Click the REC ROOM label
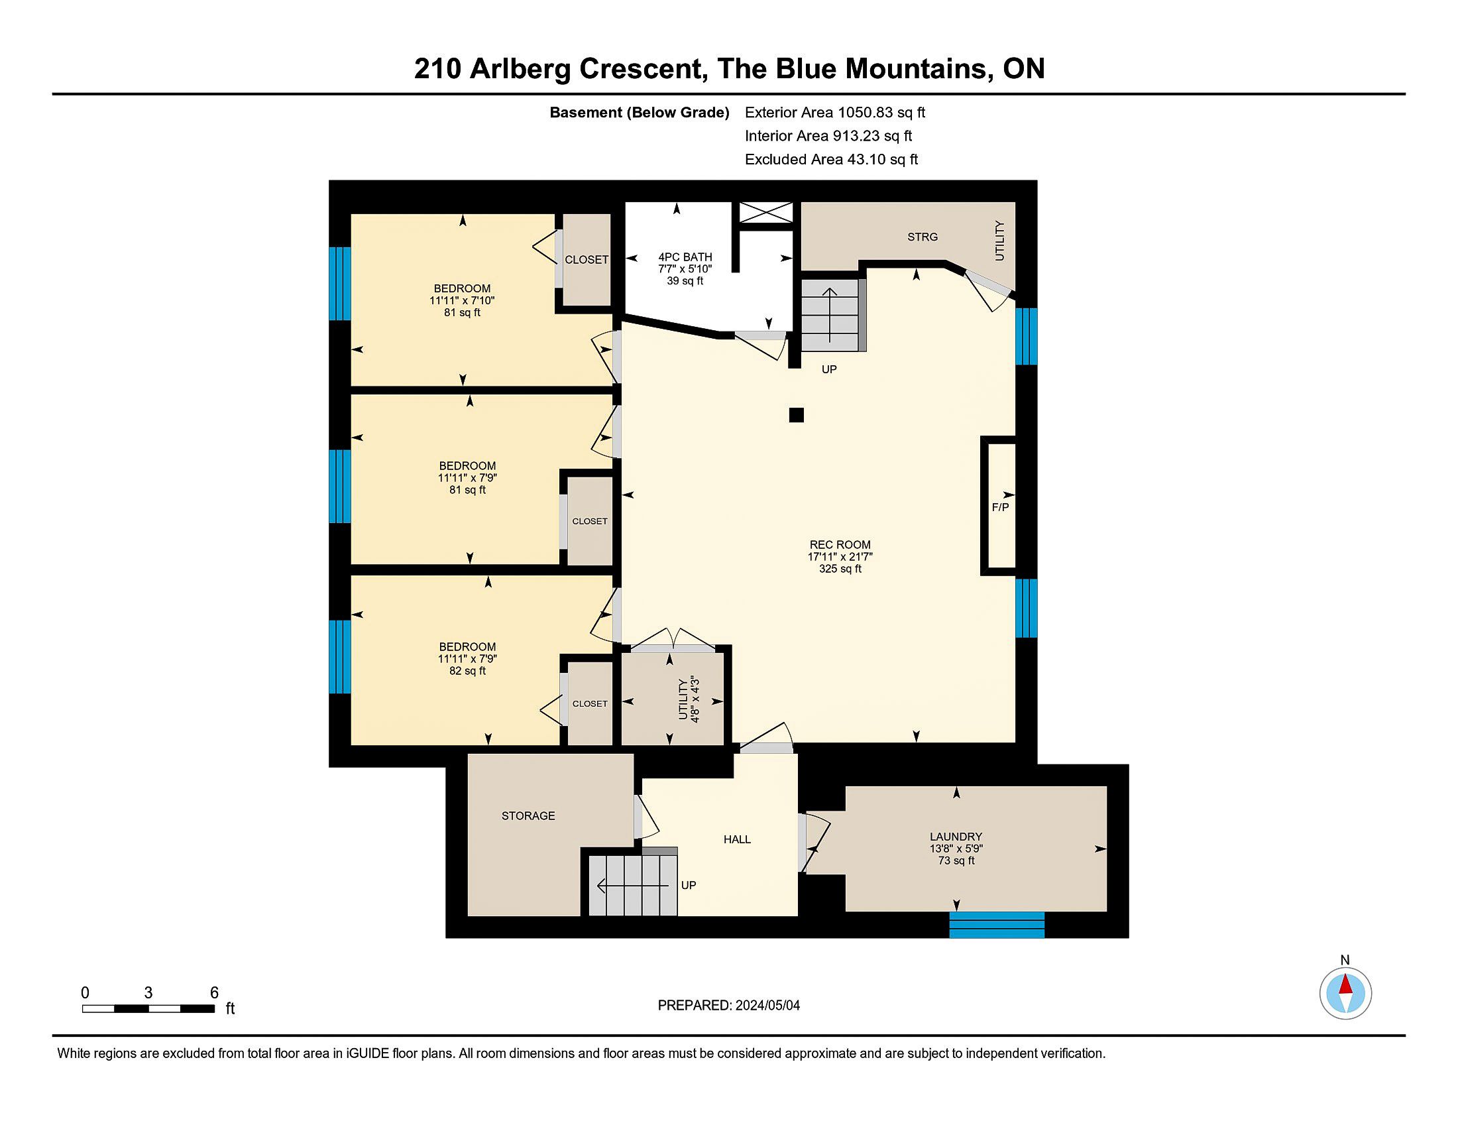(840, 544)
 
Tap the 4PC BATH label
(685, 257)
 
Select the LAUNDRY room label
(956, 837)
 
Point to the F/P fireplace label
(1000, 507)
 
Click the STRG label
(923, 237)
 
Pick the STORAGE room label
(528, 816)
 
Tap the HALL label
(737, 839)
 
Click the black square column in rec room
(796, 415)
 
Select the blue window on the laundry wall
(997, 925)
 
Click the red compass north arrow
(1345, 984)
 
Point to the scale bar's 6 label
(214, 993)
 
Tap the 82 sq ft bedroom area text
(467, 671)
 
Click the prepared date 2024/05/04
(767, 1006)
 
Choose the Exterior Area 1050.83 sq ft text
(835, 112)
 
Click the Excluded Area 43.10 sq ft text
(831, 159)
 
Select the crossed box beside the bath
(765, 213)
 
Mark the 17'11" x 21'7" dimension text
(840, 556)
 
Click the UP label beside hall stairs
(689, 885)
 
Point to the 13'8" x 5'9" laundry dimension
(956, 849)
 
